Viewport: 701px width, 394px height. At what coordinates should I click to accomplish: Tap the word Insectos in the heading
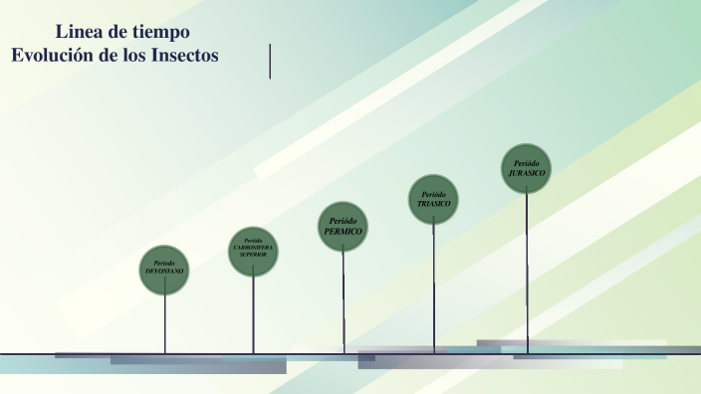coord(186,56)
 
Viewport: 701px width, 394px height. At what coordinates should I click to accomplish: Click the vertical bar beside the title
coord(270,61)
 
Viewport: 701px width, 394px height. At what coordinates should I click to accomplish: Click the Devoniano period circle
coord(164,270)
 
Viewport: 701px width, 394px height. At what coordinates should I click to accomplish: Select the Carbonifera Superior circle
coord(253,251)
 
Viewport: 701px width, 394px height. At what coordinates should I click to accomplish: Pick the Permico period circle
coord(343,226)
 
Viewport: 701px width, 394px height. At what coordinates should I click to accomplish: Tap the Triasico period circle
coord(433,199)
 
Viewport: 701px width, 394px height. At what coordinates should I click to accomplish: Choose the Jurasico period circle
coord(527,168)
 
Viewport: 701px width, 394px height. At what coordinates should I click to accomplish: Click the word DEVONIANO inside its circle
coord(165,272)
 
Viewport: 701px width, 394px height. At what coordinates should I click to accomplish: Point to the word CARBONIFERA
coord(253,247)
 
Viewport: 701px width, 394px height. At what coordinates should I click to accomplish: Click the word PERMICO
coord(344,231)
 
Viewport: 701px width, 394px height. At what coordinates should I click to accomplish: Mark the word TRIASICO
coord(433,203)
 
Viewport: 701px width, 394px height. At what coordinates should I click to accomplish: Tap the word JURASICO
coord(527,172)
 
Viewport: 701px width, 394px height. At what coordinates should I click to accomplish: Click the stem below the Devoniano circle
coord(165,323)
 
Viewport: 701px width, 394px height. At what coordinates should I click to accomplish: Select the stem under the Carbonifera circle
coord(253,313)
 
